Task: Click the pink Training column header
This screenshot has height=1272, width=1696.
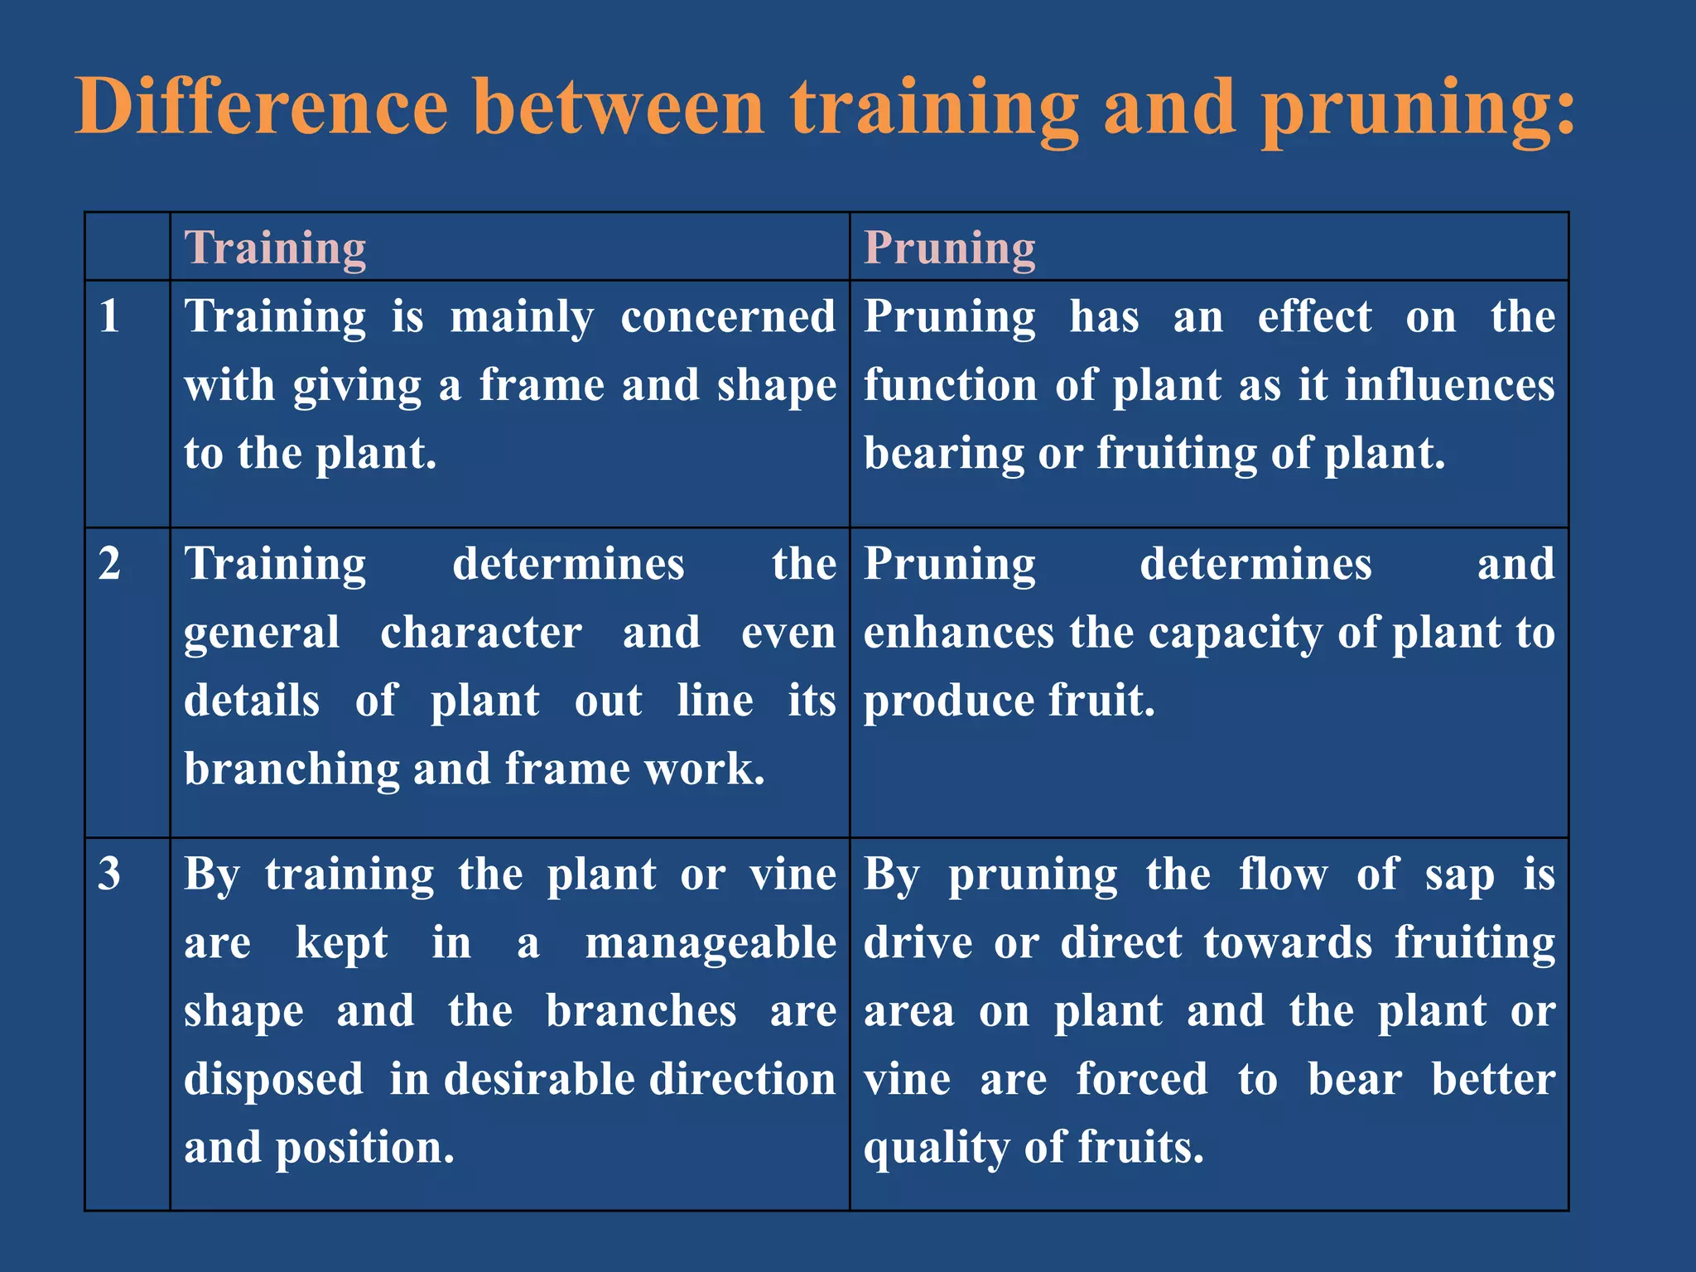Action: tap(275, 248)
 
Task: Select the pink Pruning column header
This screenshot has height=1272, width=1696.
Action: tap(950, 248)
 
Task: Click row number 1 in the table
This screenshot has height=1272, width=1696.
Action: tap(109, 316)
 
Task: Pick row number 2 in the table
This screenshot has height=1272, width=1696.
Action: tap(109, 564)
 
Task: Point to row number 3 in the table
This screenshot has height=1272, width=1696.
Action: tap(109, 874)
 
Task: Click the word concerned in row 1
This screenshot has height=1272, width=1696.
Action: tap(728, 317)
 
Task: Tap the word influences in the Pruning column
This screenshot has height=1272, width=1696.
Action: tap(1449, 386)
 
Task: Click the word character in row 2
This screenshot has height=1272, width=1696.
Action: tap(480, 633)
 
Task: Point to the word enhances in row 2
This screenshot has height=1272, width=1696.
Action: tap(958, 633)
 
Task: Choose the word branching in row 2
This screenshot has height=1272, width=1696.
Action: tap(291, 769)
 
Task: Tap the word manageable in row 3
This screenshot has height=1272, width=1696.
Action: tap(711, 943)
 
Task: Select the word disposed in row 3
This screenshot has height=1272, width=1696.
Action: tap(273, 1080)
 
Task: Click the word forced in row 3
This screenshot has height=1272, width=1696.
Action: tap(1141, 1080)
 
